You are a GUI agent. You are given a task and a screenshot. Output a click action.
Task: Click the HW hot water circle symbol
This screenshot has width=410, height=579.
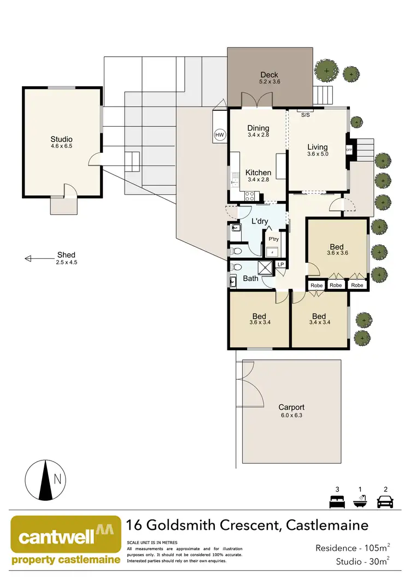pyautogui.click(x=220, y=134)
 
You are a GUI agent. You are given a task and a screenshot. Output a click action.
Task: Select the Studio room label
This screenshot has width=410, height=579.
pyautogui.click(x=61, y=139)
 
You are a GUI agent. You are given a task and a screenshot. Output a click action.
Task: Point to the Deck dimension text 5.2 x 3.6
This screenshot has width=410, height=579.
pyautogui.click(x=269, y=82)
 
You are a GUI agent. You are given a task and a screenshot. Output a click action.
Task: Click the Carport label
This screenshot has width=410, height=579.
pyautogui.click(x=291, y=407)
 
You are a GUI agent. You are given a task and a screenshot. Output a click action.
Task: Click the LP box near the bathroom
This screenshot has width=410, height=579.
pyautogui.click(x=281, y=265)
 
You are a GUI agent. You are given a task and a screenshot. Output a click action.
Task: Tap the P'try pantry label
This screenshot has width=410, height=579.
pyautogui.click(x=272, y=239)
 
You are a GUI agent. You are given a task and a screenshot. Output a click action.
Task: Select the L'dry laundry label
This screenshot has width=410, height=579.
pyautogui.click(x=260, y=222)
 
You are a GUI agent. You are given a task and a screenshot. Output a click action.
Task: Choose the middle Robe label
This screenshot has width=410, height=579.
pyautogui.click(x=336, y=285)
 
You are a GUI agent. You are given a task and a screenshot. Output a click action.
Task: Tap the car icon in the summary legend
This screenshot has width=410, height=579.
pyautogui.click(x=386, y=501)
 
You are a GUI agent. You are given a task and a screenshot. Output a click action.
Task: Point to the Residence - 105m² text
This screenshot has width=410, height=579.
pyautogui.click(x=353, y=548)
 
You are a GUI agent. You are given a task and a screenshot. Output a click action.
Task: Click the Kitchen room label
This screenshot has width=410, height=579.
pyautogui.click(x=258, y=173)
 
